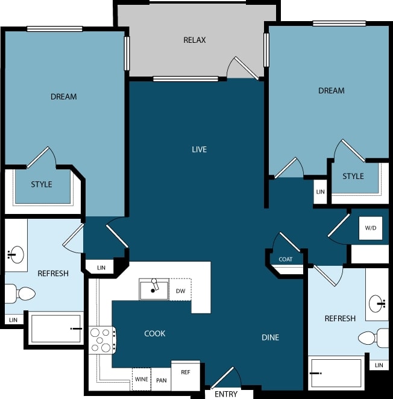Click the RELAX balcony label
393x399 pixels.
click(x=195, y=40)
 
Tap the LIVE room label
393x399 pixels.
click(x=199, y=149)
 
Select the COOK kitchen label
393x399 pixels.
click(x=155, y=333)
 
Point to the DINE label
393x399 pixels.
click(x=270, y=338)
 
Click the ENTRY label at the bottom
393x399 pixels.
click(x=226, y=394)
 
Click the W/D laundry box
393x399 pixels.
click(x=370, y=228)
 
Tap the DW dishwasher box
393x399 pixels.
click(x=180, y=290)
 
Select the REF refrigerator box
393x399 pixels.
click(x=186, y=372)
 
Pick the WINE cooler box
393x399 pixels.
click(x=141, y=379)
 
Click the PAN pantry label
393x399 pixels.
click(x=161, y=380)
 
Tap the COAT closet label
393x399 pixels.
click(x=286, y=259)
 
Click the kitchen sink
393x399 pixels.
click(x=154, y=290)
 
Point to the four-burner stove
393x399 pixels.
click(x=102, y=339)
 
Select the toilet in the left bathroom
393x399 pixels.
click(x=20, y=294)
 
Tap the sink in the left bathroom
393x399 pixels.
click(x=16, y=254)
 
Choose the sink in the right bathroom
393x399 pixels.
click(x=378, y=301)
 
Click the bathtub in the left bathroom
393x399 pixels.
click(x=55, y=328)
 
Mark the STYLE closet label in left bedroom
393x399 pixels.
click(x=42, y=184)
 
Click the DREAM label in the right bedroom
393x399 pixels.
click(x=331, y=90)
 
